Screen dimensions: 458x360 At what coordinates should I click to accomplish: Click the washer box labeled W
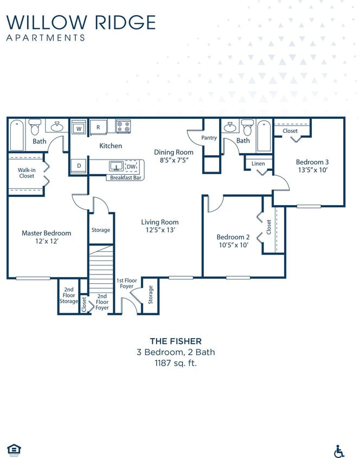click(x=79, y=129)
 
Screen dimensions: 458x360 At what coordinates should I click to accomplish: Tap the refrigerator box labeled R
click(x=98, y=127)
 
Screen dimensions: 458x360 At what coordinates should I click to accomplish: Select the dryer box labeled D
click(x=79, y=166)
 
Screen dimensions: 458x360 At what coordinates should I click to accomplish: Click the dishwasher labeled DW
click(x=131, y=166)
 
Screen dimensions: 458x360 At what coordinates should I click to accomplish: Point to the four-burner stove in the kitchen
click(x=123, y=126)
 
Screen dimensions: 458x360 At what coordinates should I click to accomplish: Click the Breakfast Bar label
click(x=126, y=177)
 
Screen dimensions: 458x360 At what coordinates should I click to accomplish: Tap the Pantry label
click(x=209, y=138)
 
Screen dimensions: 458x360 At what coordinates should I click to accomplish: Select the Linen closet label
click(x=259, y=163)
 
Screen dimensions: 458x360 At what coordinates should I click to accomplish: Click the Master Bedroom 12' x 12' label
click(x=46, y=237)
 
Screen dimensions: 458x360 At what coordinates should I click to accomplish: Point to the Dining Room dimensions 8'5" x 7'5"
click(x=173, y=161)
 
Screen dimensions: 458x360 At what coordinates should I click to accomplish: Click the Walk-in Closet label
click(x=26, y=173)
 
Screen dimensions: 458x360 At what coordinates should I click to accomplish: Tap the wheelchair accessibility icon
click(x=339, y=450)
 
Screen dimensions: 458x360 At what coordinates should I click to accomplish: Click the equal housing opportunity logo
click(x=14, y=449)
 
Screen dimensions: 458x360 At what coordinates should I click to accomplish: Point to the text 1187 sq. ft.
click(x=175, y=362)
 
